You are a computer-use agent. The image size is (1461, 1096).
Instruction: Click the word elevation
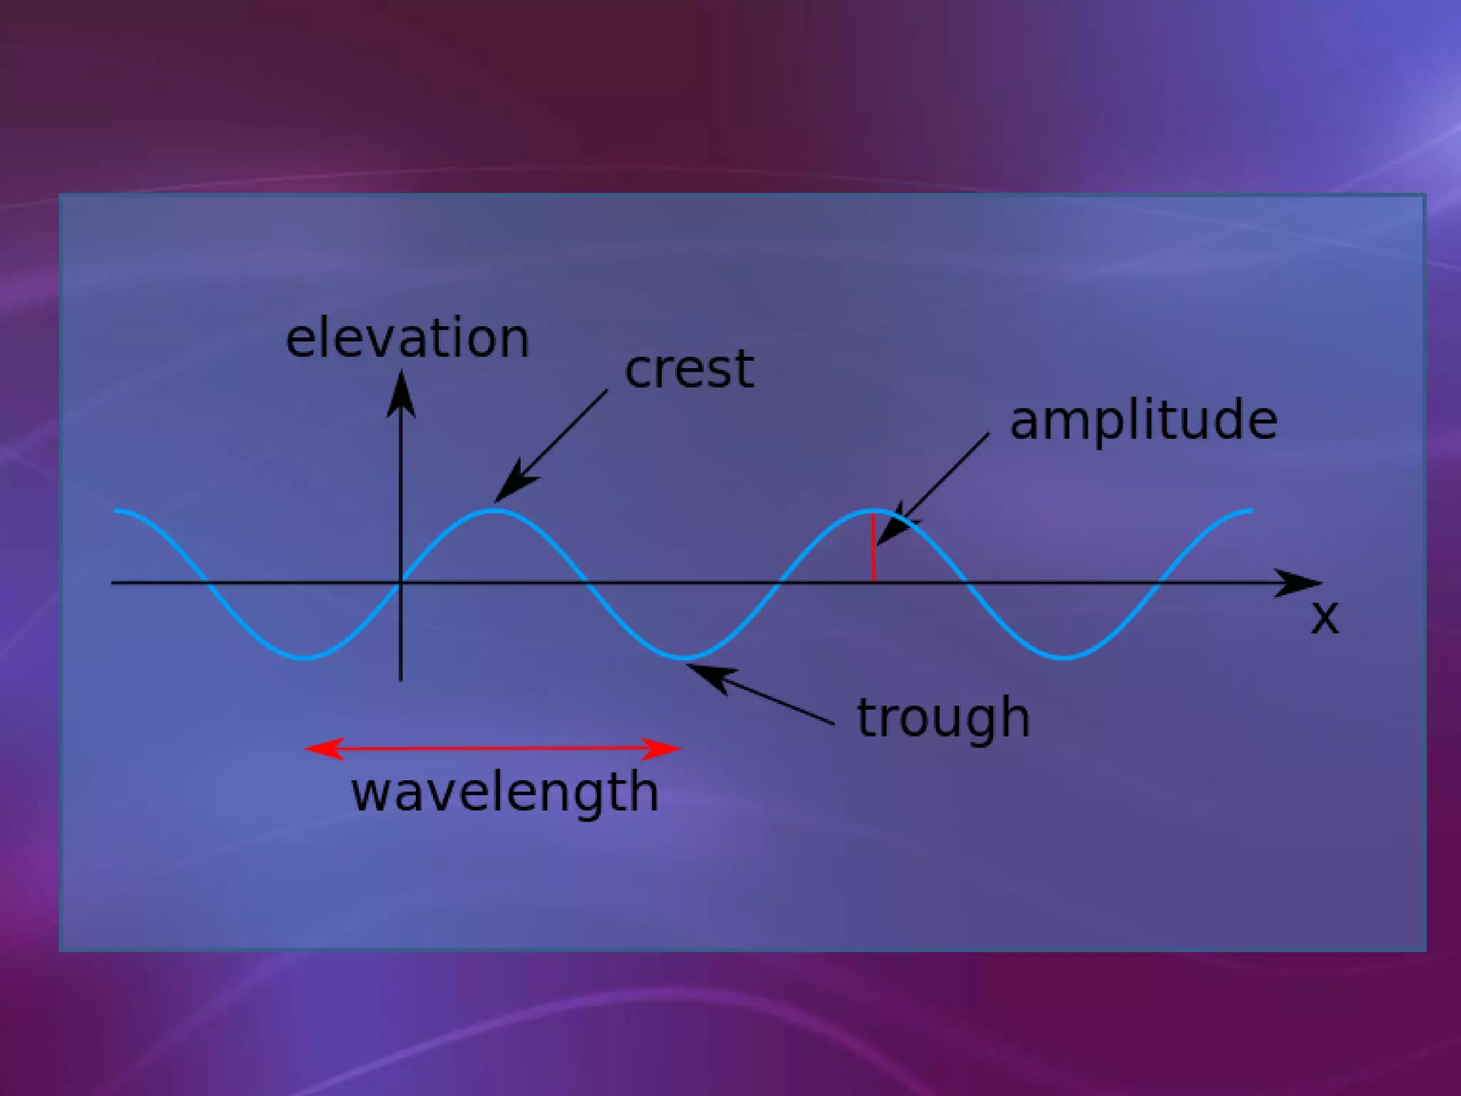(407, 338)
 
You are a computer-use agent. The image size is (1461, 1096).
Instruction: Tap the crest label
(689, 370)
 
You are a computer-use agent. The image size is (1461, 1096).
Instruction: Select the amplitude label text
(1144, 420)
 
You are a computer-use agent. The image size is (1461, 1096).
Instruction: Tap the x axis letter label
(1325, 618)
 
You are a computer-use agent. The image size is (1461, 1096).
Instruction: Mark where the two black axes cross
(401, 583)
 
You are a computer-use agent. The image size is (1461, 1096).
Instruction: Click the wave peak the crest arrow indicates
(494, 510)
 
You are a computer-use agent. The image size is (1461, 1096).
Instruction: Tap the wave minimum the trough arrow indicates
(685, 656)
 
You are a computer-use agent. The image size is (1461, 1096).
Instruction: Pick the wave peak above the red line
(873, 510)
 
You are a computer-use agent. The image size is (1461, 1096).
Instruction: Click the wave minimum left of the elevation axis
(305, 656)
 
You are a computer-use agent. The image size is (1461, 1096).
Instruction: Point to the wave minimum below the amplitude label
(1063, 656)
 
